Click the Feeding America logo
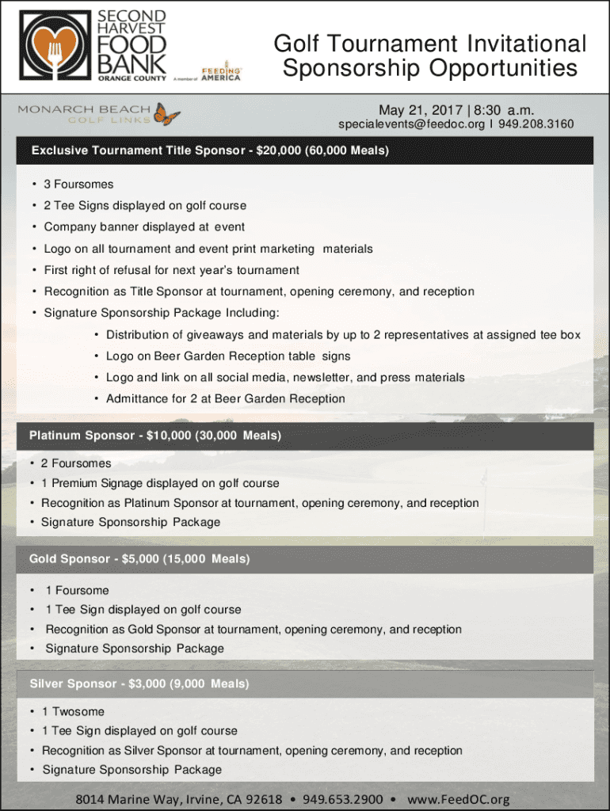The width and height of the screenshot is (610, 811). click(221, 74)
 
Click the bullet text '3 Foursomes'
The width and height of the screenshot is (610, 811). click(78, 185)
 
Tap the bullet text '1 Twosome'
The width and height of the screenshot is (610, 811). click(73, 712)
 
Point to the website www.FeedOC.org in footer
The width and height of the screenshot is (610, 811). click(458, 799)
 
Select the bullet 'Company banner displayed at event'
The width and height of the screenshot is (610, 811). click(144, 227)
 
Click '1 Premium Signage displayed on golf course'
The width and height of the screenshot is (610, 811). click(160, 483)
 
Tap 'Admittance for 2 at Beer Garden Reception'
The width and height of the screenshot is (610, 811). click(226, 398)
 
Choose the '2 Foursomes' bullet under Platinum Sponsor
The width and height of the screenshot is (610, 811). click(76, 463)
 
